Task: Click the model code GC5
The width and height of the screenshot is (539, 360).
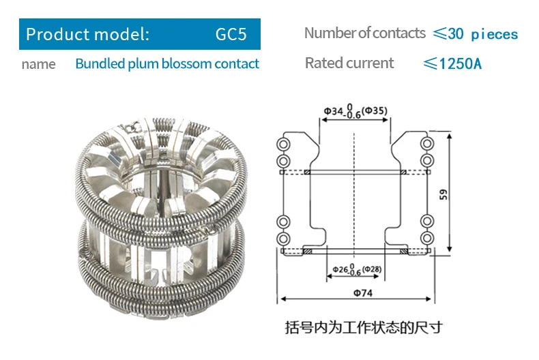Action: tap(231, 33)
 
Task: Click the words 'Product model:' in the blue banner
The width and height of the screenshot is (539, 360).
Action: tap(87, 33)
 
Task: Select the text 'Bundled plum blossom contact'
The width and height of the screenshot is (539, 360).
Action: tap(167, 64)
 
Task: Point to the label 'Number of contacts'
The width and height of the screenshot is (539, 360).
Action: tap(365, 33)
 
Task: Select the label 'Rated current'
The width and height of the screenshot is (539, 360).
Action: tap(349, 63)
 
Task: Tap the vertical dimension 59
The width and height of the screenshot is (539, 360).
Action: tap(443, 194)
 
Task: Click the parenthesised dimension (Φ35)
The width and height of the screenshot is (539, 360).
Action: tap(373, 110)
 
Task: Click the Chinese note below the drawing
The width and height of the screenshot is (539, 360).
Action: tap(364, 327)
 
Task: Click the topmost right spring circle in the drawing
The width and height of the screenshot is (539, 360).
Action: tap(427, 144)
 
